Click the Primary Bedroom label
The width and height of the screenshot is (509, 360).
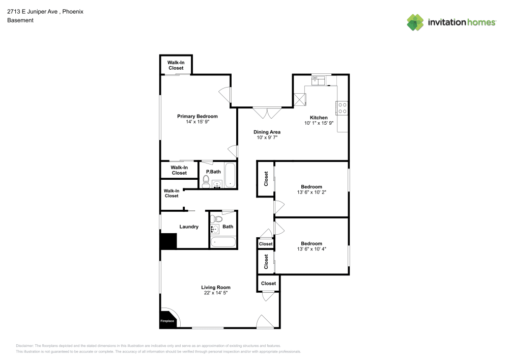[x=197, y=117]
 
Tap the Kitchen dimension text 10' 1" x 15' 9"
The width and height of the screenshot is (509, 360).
[x=319, y=123]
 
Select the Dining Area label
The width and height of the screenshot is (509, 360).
[x=267, y=132]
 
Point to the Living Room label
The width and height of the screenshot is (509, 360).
[x=216, y=287]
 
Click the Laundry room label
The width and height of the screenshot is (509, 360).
[x=189, y=227]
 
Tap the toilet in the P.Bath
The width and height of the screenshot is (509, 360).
[x=206, y=181]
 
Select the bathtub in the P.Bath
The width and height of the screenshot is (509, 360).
[x=230, y=175]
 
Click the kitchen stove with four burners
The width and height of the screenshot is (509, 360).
[x=342, y=108]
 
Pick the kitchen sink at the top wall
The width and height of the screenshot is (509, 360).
[x=318, y=80]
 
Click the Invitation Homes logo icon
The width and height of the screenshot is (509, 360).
[x=415, y=22]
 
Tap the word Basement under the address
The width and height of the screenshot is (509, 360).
[x=20, y=20]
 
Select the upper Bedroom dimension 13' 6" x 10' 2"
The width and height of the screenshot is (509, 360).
[x=311, y=192]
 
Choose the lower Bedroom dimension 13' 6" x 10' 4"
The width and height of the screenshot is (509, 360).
[x=311, y=249]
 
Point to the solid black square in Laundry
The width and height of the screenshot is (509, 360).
[x=168, y=241]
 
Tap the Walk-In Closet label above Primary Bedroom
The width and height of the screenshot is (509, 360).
[x=176, y=65]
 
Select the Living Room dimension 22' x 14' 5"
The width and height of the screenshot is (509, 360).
[x=216, y=293]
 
